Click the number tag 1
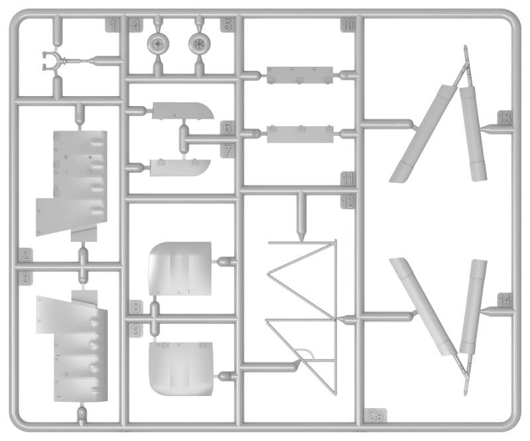113,25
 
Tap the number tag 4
136,25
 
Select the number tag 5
227,25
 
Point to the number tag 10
347,25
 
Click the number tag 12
348,202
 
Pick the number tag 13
504,118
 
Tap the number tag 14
504,300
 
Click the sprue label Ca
376,416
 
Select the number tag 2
26,254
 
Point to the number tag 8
136,307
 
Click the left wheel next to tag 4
157,43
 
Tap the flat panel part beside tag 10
300,75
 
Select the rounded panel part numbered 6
183,111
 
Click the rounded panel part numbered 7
180,168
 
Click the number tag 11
347,178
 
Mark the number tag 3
26,278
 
